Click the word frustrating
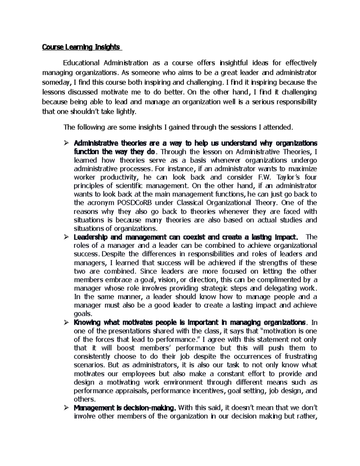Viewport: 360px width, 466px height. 300,356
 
